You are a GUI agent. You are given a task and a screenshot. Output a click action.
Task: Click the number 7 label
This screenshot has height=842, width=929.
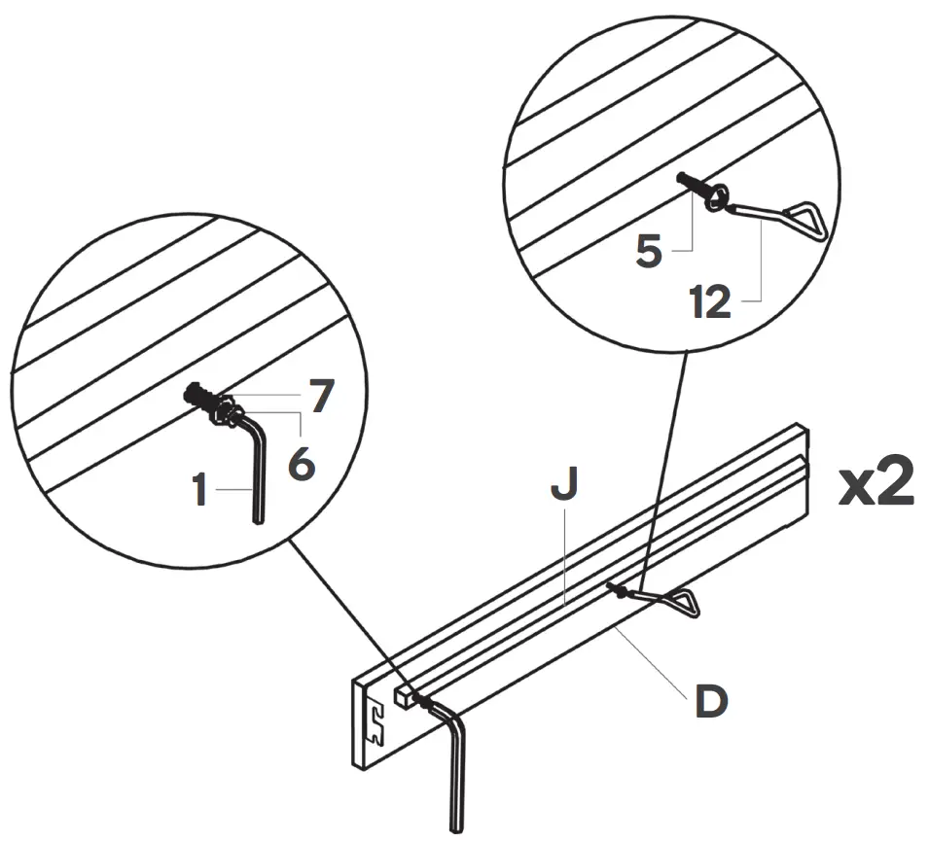click(322, 396)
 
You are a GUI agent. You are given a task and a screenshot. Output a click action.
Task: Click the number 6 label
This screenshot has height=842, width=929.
click(303, 463)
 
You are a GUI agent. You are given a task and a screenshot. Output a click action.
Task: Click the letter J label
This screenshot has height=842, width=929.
click(564, 486)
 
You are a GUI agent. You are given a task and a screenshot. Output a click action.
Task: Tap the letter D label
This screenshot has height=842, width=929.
click(711, 702)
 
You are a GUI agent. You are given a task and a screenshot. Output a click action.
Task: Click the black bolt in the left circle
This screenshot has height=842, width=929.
click(198, 396)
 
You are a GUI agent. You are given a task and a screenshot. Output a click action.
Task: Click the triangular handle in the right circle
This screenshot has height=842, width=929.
click(802, 219)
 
